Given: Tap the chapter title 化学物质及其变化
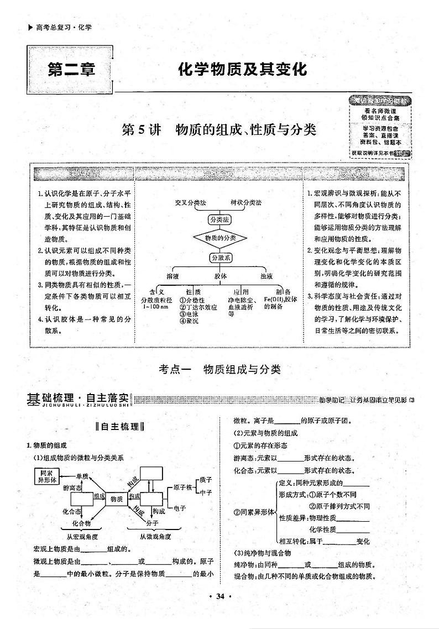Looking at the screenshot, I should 242,70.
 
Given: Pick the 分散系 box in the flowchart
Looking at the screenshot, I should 220,257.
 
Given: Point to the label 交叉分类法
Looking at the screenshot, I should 190,202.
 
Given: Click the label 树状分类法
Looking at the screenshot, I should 248,202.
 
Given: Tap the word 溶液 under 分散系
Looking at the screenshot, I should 173,276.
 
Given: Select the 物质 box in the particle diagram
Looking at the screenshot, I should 116,499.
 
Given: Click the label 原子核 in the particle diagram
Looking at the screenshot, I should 182,488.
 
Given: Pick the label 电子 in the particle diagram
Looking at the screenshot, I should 180,507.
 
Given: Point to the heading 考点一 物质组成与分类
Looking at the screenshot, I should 219,370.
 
